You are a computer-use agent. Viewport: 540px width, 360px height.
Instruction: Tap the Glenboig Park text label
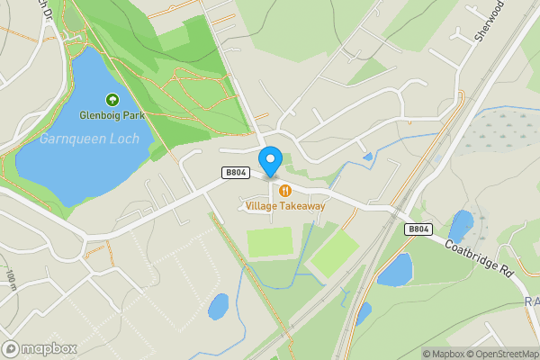[112, 115]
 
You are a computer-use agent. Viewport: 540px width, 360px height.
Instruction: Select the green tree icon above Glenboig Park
[112, 100]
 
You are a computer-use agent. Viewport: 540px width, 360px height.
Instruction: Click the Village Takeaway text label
[285, 206]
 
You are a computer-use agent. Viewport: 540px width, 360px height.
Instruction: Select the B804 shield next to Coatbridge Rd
[418, 229]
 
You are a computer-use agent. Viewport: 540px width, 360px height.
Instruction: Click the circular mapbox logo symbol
[11, 348]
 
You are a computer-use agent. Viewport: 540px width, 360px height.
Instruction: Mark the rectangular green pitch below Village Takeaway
[270, 241]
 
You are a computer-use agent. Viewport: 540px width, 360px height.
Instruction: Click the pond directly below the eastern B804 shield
[394, 269]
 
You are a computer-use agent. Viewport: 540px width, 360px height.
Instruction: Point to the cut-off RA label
[531, 301]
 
